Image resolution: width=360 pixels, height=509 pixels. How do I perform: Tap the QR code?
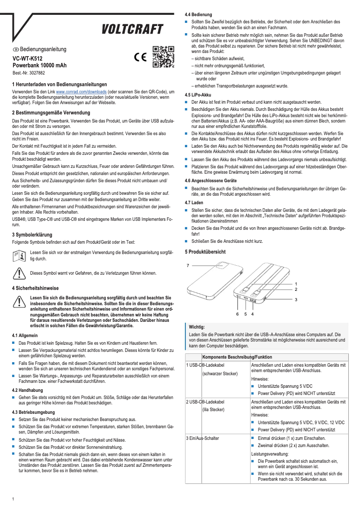(x=163, y=57)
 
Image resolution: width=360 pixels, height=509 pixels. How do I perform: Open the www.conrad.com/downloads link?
(x=81, y=91)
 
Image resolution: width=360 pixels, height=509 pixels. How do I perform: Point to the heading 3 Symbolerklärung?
(x=32, y=235)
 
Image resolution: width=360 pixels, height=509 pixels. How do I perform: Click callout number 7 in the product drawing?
(x=188, y=266)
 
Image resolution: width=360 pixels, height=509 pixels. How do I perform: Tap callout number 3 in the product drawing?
(x=296, y=299)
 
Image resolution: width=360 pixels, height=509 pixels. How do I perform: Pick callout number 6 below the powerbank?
(x=237, y=315)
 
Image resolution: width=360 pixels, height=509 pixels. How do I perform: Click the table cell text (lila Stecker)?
(x=213, y=409)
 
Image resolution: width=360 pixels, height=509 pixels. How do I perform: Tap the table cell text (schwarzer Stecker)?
(x=220, y=373)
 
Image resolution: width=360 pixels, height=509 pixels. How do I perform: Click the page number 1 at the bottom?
(x=13, y=500)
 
